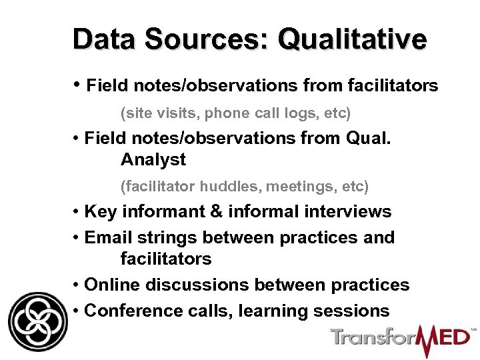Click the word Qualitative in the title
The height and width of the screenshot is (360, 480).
[x=352, y=39]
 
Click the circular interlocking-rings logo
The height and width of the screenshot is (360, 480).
[x=38, y=322]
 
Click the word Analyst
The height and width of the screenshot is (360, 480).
[x=153, y=160]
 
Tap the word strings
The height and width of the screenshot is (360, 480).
[x=167, y=237]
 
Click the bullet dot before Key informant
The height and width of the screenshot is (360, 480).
[x=77, y=212]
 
